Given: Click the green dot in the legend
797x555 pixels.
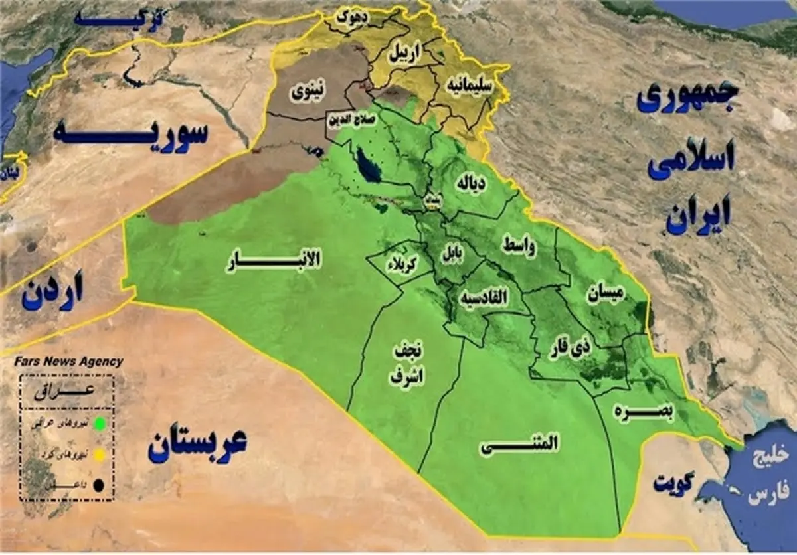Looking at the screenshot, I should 99,422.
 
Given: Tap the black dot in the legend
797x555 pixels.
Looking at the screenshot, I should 99,486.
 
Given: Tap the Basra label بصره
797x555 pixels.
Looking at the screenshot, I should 644,412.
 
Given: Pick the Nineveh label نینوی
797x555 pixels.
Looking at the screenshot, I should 310,94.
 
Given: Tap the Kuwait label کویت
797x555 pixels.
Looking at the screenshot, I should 673,483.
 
